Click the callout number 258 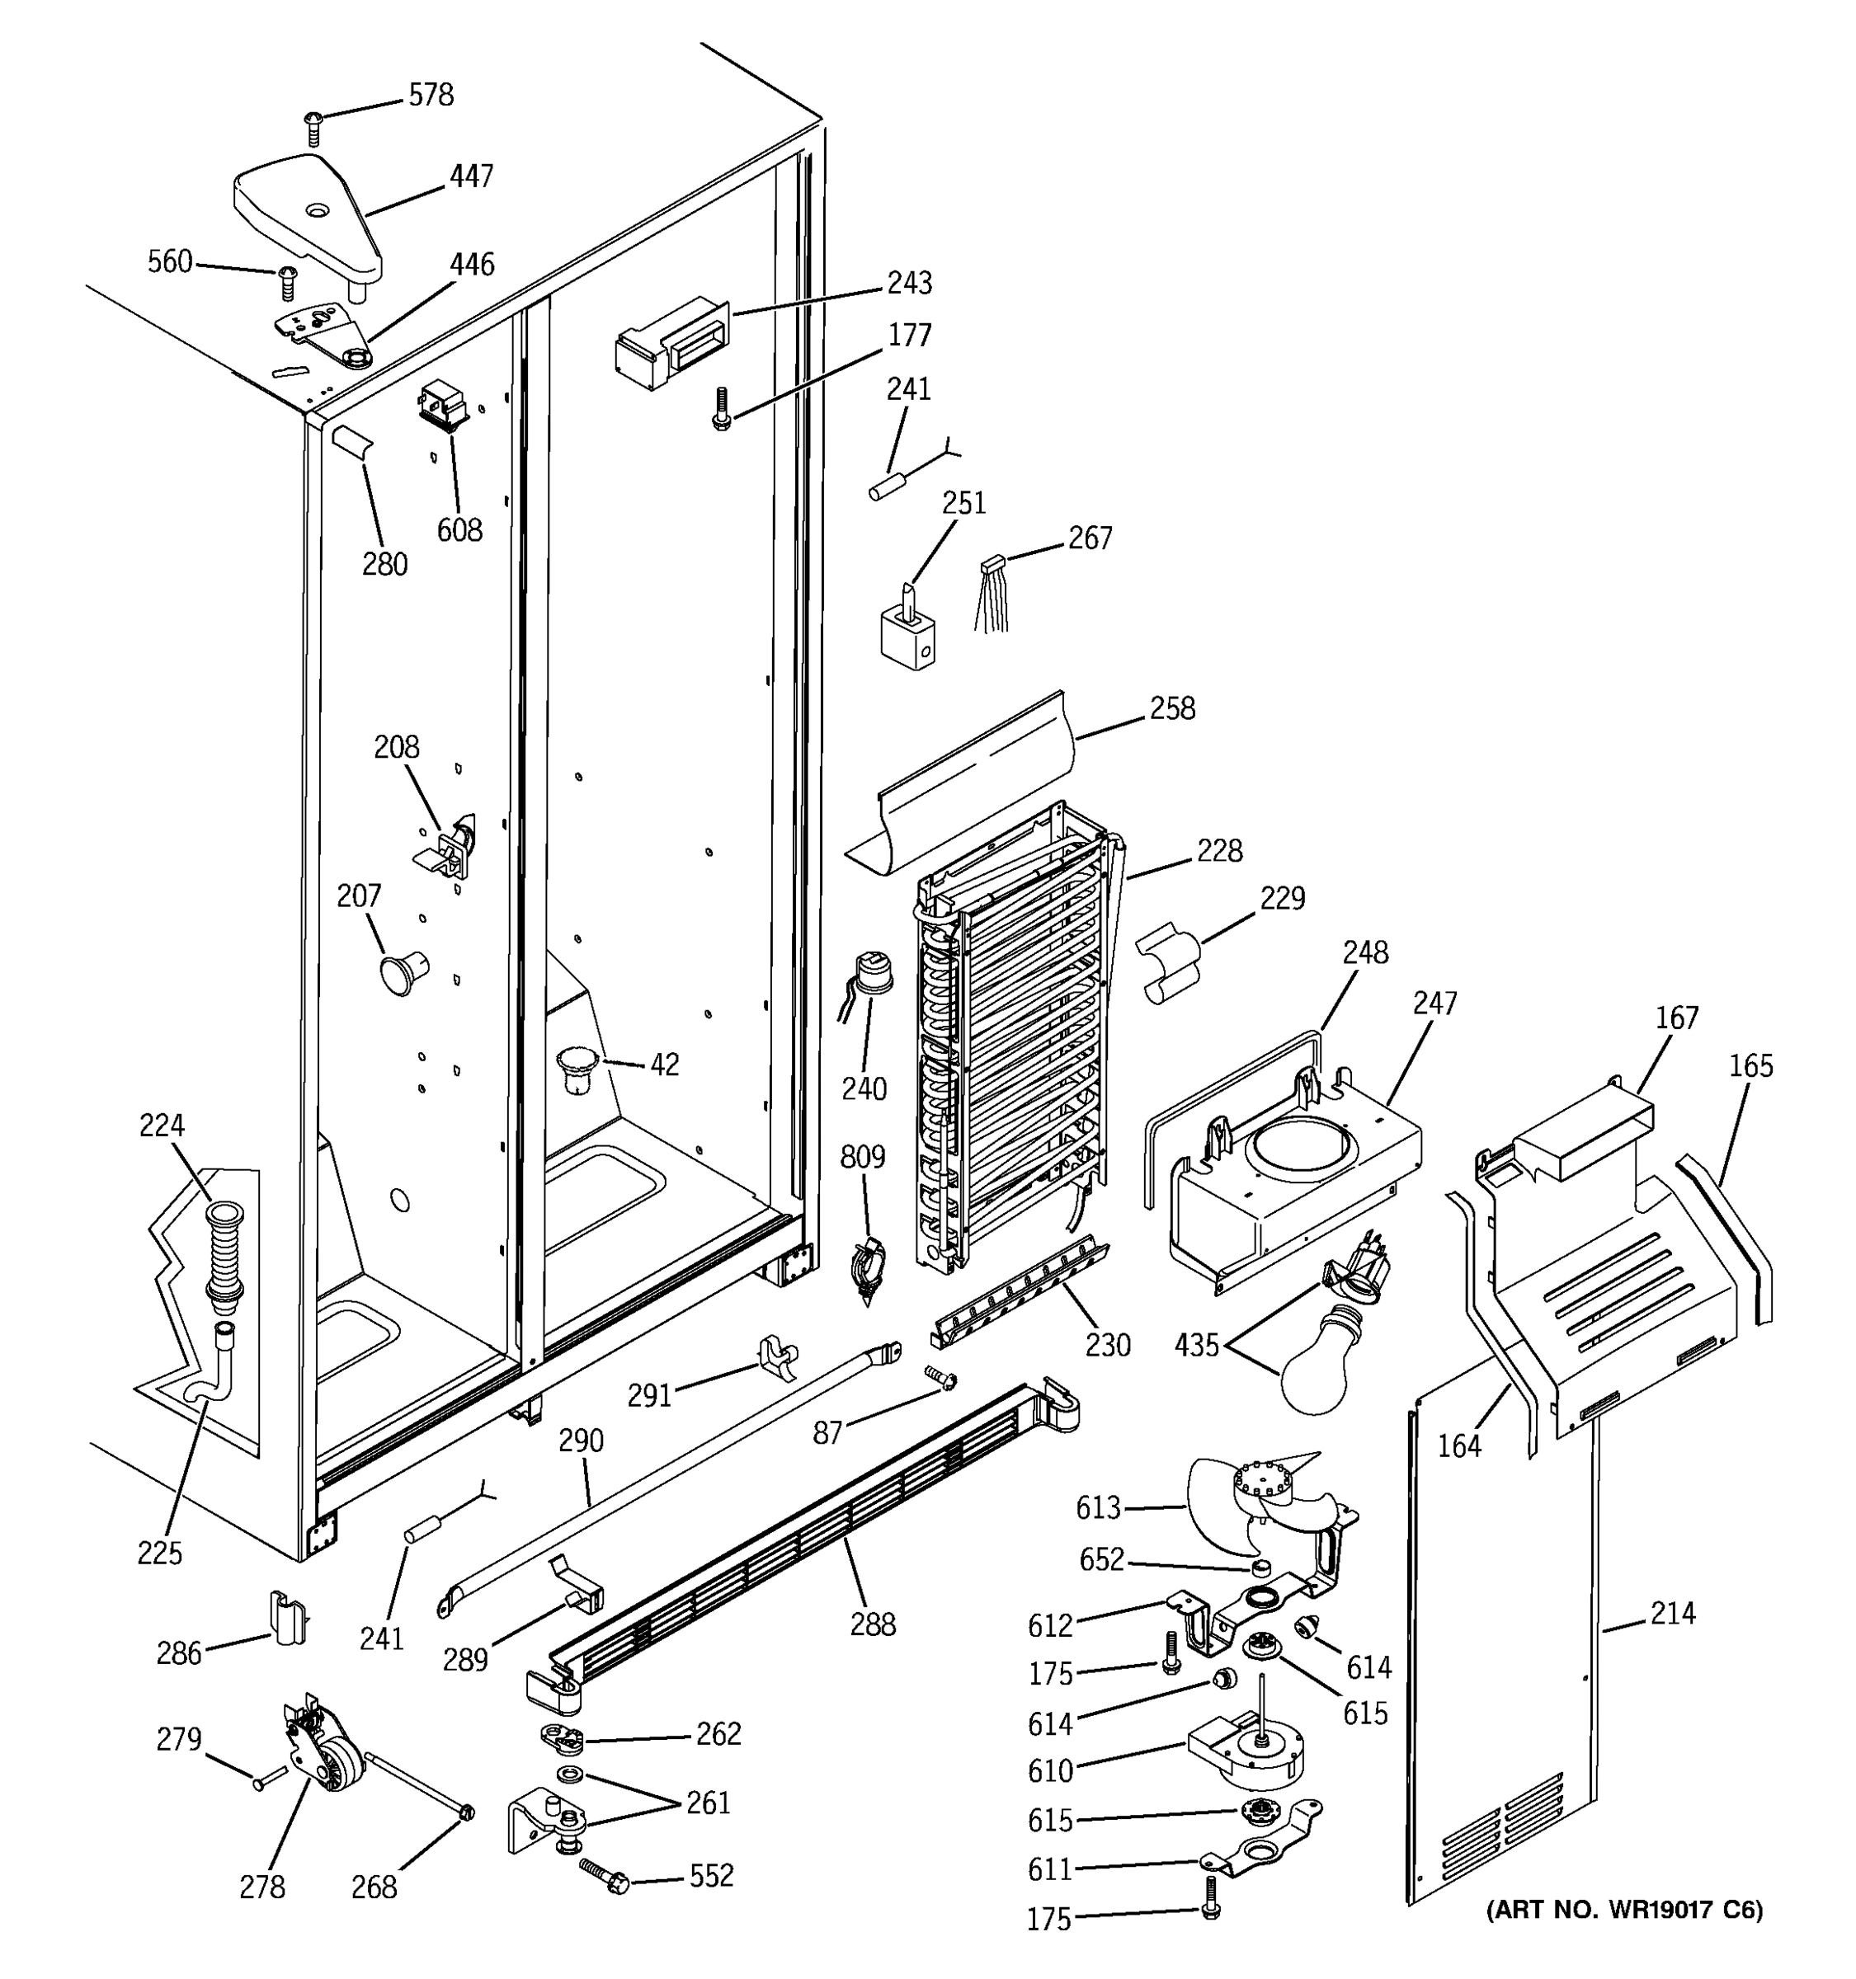coord(1172,709)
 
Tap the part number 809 coord(862,1157)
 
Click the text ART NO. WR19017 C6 coord(1624,1909)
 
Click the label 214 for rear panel coord(1673,1613)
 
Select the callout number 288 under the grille coord(872,1624)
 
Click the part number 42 coord(664,1065)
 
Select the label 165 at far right coord(1750,1066)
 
